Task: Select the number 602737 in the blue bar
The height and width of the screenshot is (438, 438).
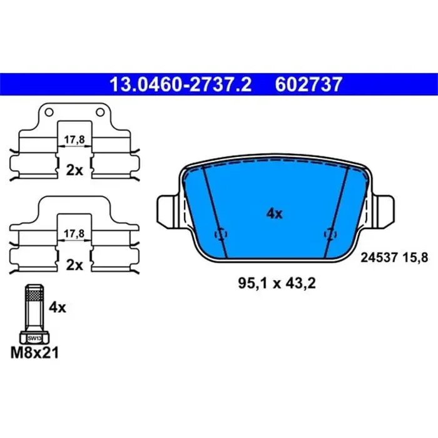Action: click(x=308, y=83)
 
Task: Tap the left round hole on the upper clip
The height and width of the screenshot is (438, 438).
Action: click(x=48, y=113)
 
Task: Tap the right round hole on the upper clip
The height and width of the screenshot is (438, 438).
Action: click(x=99, y=113)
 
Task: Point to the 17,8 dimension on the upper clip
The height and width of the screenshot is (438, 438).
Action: click(x=74, y=140)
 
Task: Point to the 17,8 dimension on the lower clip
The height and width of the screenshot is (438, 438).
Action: click(x=74, y=233)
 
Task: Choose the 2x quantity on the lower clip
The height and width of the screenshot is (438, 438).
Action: click(x=74, y=265)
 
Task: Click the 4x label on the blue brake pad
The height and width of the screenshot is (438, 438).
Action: click(x=274, y=213)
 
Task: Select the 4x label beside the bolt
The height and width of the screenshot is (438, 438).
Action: click(x=58, y=308)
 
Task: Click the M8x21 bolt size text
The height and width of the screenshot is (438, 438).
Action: click(x=34, y=354)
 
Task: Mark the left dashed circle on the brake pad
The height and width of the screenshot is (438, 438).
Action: click(x=220, y=234)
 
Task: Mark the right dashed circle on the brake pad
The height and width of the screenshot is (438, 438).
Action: click(x=328, y=234)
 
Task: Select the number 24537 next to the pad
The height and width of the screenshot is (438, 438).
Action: click(x=379, y=256)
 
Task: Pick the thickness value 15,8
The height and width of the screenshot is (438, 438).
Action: click(x=415, y=256)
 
